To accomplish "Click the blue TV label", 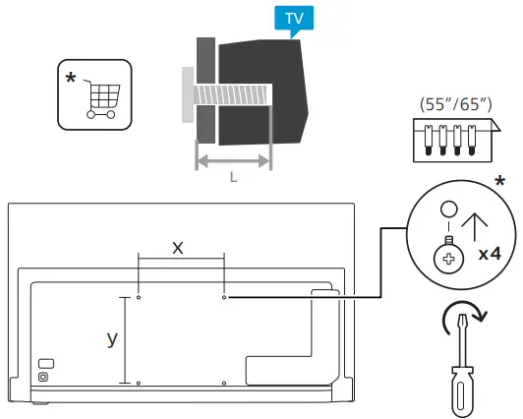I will tap(293, 19).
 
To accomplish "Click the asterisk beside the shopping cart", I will tap(71, 77).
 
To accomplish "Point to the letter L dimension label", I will tap(233, 177).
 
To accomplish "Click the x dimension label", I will tap(178, 248).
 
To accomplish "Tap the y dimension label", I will tap(112, 337).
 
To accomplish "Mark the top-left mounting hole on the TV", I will tap(139, 296).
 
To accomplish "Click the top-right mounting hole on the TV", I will tap(224, 296).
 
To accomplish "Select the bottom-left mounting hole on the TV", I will tap(139, 382).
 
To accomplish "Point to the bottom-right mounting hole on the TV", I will tap(224, 382).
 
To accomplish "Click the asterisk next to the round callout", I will tap(501, 184).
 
